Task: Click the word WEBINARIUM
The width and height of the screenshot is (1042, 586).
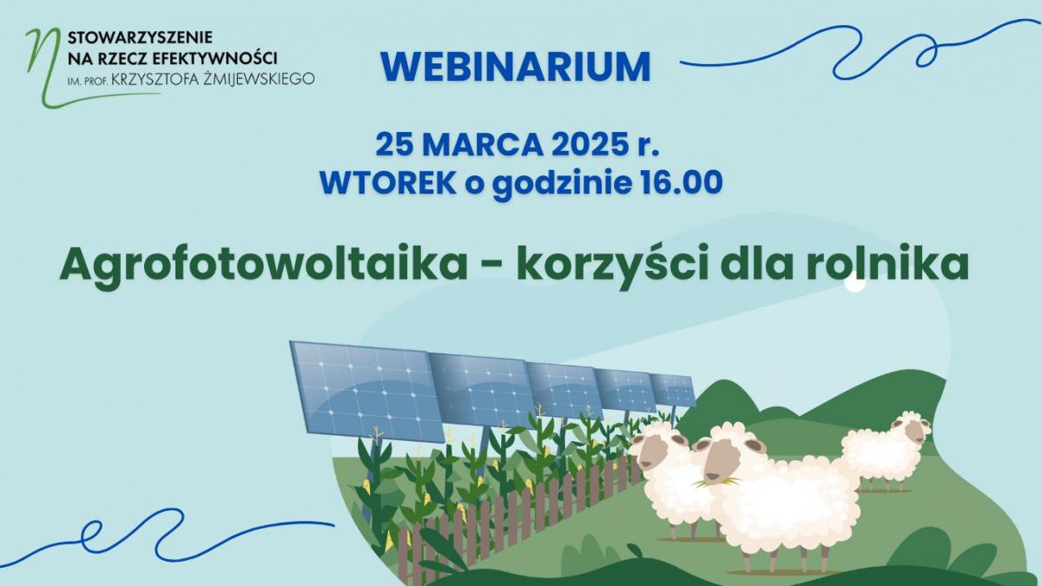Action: [x=516, y=67]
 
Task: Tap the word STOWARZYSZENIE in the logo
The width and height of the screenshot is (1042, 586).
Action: [x=140, y=36]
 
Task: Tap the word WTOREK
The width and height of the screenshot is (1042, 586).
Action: [x=388, y=182]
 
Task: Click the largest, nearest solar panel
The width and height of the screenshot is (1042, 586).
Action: [x=367, y=392]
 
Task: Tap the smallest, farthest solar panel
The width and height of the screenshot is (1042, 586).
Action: [x=673, y=390]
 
